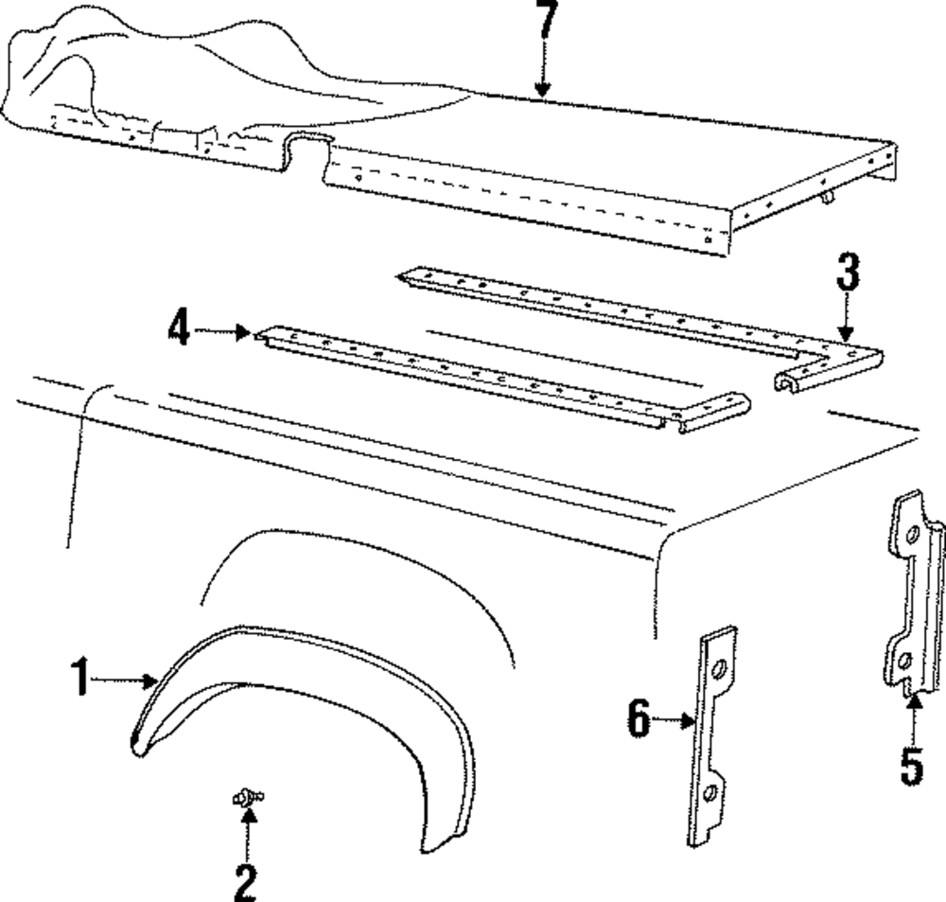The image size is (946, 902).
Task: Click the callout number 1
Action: pos(82,680)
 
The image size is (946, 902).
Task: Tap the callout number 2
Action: pos(245,882)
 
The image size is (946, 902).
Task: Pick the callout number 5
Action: pos(911,765)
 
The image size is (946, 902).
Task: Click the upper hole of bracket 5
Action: pos(912,538)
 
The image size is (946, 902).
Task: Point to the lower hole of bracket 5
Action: pos(905,660)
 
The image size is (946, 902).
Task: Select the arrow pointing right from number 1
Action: pos(128,680)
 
